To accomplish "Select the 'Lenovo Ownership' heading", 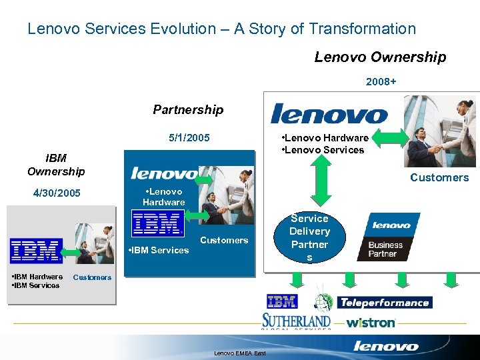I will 380,57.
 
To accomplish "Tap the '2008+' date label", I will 381,82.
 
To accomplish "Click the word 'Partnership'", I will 188,109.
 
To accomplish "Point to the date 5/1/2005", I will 189,138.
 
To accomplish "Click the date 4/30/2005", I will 57,193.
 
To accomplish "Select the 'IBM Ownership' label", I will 56,165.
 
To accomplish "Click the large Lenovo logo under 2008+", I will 329,113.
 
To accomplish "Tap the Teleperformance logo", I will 385,303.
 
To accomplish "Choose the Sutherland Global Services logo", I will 296,321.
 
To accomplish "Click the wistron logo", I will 371,323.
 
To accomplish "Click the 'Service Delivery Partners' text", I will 309,237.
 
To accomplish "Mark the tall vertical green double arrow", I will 321,180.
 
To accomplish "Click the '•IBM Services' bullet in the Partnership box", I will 158,250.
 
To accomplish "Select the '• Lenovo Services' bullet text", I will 324,149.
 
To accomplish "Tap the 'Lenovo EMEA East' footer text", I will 239,353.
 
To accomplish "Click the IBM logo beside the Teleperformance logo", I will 282,301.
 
